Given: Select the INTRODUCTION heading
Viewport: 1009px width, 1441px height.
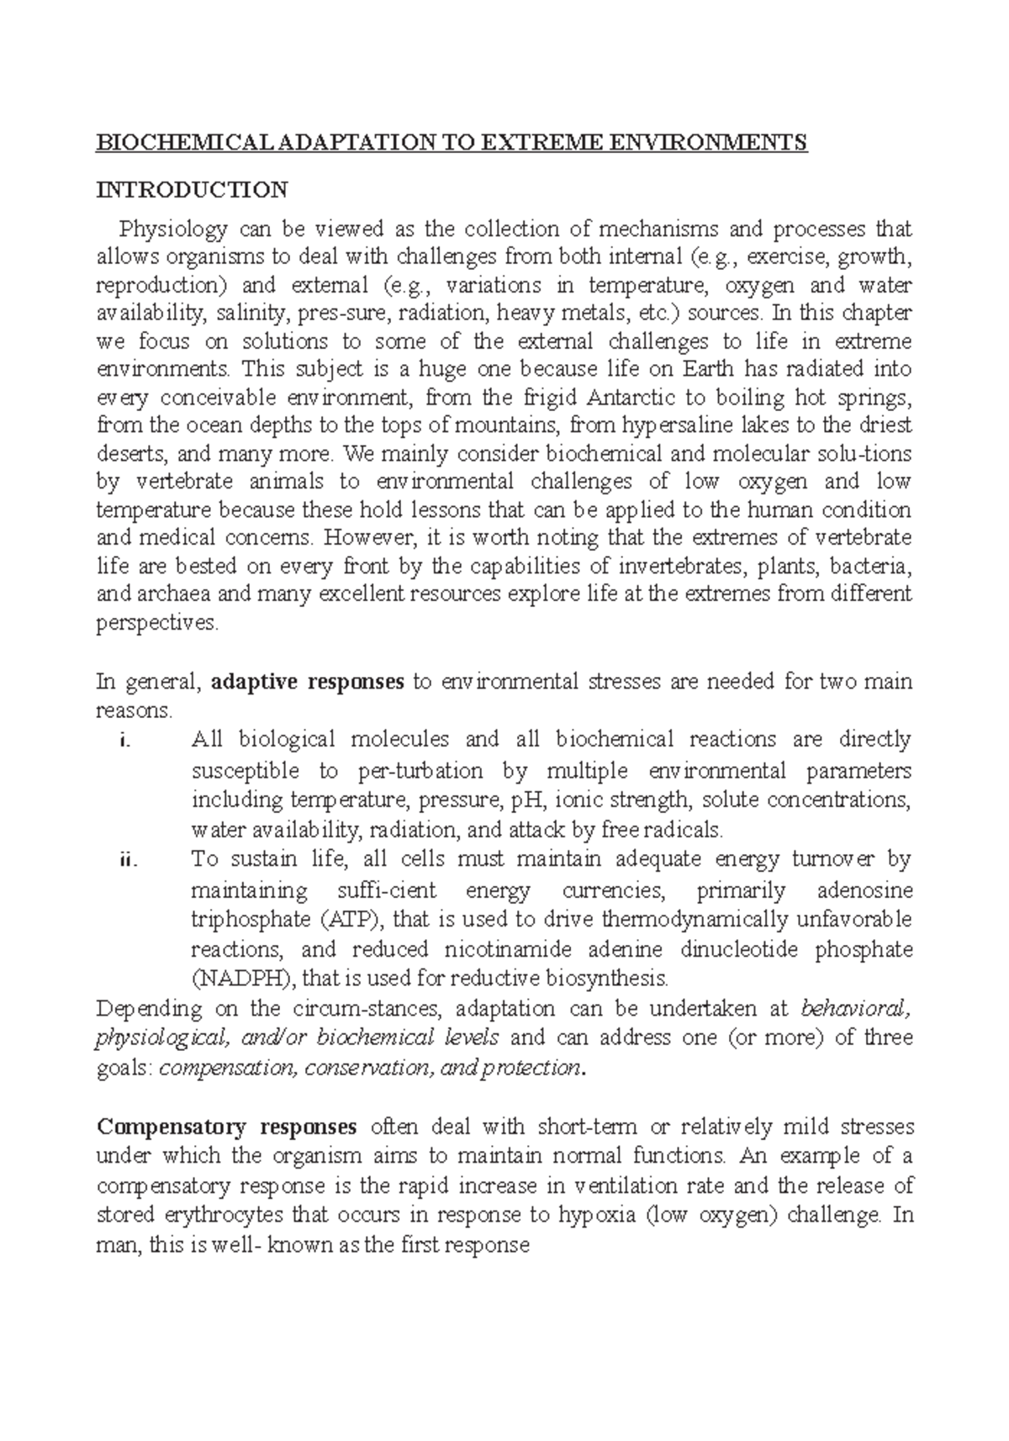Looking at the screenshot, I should click(193, 189).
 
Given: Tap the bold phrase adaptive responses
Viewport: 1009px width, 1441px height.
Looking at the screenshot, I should click(308, 681).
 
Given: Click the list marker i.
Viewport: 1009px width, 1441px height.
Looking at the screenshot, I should click(126, 741).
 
